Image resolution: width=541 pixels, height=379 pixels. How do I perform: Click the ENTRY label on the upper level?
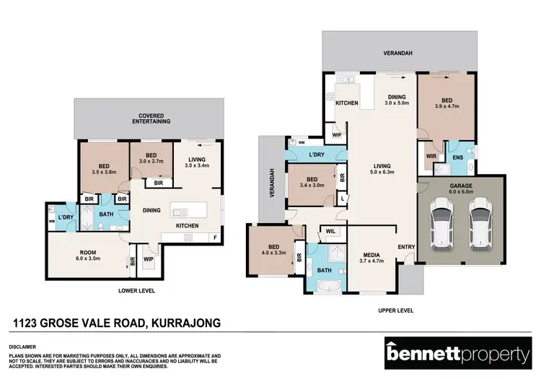click(x=406, y=248)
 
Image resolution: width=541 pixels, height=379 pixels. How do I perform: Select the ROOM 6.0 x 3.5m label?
click(x=87, y=254)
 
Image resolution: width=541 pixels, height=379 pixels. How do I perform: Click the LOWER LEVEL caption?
click(x=137, y=290)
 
